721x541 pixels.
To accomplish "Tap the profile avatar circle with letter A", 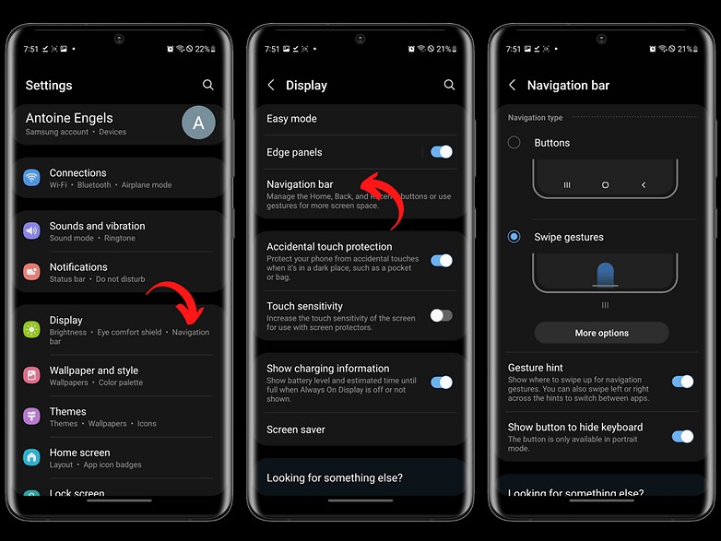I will click(x=198, y=123).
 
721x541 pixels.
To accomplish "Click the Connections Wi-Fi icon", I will click(x=32, y=178).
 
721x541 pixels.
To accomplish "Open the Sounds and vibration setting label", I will click(x=97, y=226).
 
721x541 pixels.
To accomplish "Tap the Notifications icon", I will click(x=32, y=272).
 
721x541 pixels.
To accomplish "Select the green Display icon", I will click(x=32, y=328).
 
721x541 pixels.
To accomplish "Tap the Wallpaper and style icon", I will click(x=32, y=375).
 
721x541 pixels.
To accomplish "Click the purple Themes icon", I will click(x=32, y=417).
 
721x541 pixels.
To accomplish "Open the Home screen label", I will click(x=79, y=453).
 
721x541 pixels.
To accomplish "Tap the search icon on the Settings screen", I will click(x=208, y=85).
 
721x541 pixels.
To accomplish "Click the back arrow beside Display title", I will click(x=271, y=85).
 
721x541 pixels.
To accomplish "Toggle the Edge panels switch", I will click(x=442, y=152).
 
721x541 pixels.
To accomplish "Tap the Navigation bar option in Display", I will click(x=300, y=184).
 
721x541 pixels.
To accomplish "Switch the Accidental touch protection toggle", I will click(x=442, y=261).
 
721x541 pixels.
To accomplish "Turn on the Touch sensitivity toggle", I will click(x=442, y=315).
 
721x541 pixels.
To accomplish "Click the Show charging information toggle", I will click(x=442, y=382).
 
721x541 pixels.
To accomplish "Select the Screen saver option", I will click(x=296, y=429).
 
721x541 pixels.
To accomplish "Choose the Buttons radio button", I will click(x=514, y=143).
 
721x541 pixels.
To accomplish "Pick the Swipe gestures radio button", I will click(x=514, y=237).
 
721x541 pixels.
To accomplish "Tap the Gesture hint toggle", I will click(x=682, y=381).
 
